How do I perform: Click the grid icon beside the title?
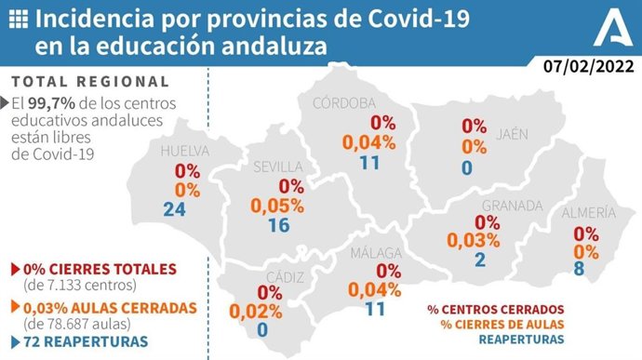click(17, 18)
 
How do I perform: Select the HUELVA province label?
click(182, 152)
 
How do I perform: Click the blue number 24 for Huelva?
click(174, 208)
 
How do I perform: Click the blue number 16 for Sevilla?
click(278, 226)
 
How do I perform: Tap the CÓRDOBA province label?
click(343, 102)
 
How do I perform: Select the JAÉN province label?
click(512, 133)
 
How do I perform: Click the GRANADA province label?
click(512, 205)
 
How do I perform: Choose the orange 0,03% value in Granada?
click(475, 241)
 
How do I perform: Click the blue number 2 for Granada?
click(480, 260)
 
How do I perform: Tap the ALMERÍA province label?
click(587, 214)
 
